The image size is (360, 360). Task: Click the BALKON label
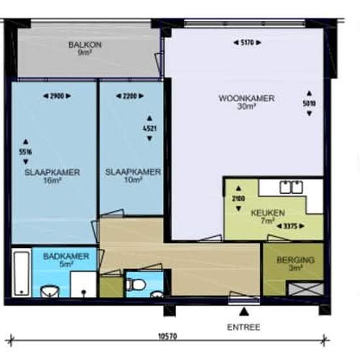coord(85,45)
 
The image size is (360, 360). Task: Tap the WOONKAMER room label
coord(246,98)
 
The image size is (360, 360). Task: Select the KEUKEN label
coord(268,213)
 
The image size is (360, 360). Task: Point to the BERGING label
coord(295,260)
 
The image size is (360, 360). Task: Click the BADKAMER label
coord(66,256)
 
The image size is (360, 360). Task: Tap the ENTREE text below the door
coord(243,327)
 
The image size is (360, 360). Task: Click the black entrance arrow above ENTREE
coord(244,312)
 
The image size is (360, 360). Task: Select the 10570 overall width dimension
coord(168,336)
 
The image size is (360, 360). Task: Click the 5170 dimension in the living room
coord(247,43)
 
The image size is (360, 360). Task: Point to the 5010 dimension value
coord(309,103)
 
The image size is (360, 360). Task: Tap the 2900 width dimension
coord(57,96)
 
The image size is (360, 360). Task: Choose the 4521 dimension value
coord(150,128)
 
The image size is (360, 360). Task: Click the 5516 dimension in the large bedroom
coord(26,152)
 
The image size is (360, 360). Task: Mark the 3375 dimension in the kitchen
coord(291,226)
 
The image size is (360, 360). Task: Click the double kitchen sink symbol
coord(291,187)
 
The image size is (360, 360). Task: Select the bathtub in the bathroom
coord(22,273)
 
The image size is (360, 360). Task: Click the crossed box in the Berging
coord(306,289)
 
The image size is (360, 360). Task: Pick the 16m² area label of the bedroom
coord(52,181)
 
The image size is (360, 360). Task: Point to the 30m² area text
coord(247,107)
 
